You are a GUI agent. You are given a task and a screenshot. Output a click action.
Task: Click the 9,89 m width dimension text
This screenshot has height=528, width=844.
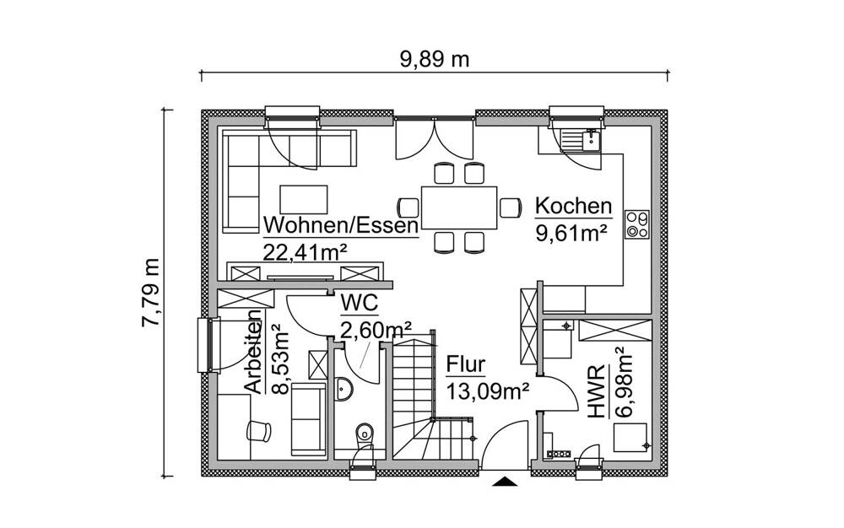[434, 59]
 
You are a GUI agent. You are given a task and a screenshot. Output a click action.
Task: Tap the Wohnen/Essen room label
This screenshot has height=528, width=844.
[340, 226]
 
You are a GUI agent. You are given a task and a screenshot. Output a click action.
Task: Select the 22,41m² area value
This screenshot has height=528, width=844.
[306, 251]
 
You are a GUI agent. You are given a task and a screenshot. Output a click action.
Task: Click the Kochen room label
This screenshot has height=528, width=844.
[573, 206]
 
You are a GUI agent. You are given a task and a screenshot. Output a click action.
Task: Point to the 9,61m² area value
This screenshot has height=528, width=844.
[572, 232]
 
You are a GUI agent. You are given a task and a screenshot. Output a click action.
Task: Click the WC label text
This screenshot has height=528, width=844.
[359, 303]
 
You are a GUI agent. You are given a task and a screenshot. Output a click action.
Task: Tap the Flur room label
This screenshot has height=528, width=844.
[466, 365]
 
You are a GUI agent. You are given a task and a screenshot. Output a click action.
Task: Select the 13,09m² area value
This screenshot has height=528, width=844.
[487, 391]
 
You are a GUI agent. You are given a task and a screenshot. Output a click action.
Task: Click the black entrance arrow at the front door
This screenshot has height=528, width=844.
[505, 482]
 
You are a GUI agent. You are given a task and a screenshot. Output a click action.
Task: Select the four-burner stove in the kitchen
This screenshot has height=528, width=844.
[636, 224]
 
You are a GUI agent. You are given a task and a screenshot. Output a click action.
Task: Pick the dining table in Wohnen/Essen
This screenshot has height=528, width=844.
[459, 207]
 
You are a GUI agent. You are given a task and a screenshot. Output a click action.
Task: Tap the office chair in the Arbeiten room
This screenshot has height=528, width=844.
[258, 430]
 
